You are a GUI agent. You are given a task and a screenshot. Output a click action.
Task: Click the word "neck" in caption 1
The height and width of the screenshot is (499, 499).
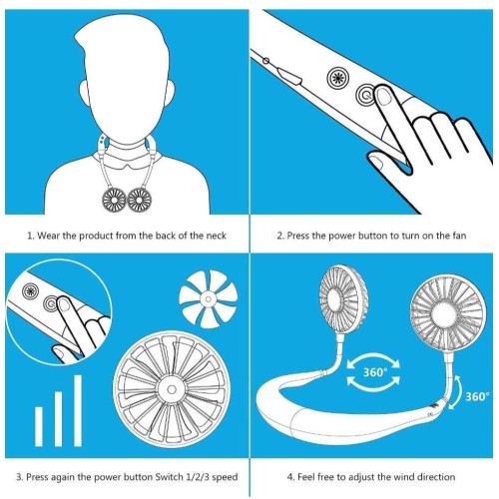216,236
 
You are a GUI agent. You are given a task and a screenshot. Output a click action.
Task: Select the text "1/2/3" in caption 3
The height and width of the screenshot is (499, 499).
197,477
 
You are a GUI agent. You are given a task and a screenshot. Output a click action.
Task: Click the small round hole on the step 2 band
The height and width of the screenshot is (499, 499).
265,61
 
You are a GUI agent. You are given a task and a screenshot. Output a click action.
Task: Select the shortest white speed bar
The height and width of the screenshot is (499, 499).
39,426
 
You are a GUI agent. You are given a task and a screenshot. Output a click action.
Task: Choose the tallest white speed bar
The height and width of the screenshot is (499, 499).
78,410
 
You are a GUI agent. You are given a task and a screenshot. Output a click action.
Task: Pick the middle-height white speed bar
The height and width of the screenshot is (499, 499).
58,419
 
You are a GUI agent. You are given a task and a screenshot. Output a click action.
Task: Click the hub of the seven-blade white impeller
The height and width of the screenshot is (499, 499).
209,298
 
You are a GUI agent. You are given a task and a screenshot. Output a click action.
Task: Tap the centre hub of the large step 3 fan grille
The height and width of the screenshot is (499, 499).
172,389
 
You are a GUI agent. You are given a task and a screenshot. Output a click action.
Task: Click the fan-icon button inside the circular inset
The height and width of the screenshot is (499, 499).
31,291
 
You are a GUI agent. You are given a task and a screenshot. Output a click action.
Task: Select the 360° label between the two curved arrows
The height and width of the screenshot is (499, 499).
375,371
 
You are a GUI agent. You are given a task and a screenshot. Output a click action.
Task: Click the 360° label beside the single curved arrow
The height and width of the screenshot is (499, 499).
477,396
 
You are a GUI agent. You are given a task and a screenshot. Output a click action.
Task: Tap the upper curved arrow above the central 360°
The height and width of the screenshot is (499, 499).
373,358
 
